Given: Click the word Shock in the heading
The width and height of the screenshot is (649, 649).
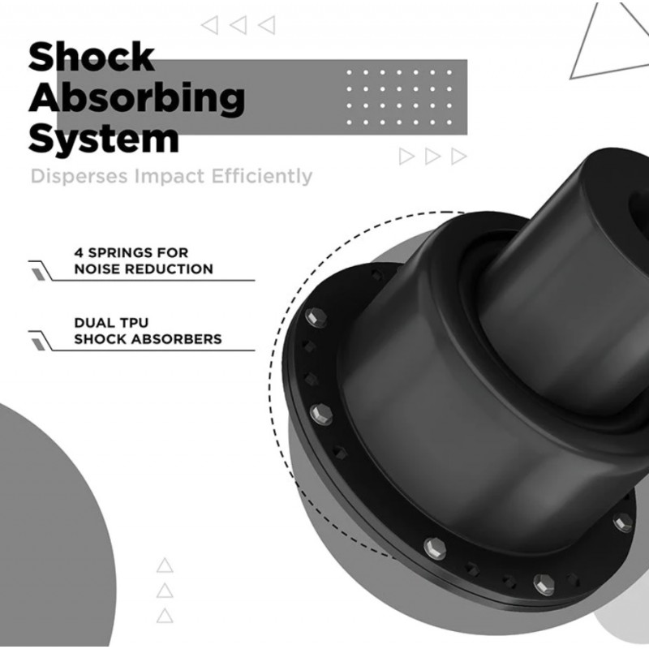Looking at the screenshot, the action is point(92,56).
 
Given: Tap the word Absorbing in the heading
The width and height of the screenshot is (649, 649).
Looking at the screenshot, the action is point(137,98).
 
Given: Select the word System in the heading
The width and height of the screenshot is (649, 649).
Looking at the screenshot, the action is point(104,139).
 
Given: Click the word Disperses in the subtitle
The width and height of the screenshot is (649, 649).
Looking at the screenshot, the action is point(80,176).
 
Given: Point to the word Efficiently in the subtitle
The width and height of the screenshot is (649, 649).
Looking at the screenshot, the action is point(261,176).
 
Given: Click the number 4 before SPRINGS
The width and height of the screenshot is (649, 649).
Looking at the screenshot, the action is point(79,252).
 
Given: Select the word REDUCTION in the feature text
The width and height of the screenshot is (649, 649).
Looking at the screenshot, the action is point(169,269).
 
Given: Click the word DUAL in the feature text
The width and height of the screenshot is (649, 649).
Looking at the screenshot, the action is point(92,322).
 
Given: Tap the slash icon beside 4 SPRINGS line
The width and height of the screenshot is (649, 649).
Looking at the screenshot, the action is point(38,273).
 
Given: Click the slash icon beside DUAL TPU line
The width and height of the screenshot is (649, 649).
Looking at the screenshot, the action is point(38,344).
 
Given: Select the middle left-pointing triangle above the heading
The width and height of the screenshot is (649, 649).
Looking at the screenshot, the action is point(239,25).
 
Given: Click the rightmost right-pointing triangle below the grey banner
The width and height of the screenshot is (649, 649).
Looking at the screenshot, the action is point(458,157).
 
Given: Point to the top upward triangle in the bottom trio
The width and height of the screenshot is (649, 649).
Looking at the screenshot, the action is point(165,565).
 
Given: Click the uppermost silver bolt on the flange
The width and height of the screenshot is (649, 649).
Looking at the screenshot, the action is point(316,317).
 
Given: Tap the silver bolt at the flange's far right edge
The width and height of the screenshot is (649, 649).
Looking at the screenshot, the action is point(622,522).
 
